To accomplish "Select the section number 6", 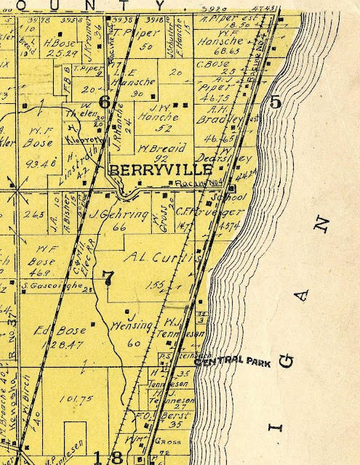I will pos(104,102).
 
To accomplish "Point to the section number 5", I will pos(274,102).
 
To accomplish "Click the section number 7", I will pos(109,276).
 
